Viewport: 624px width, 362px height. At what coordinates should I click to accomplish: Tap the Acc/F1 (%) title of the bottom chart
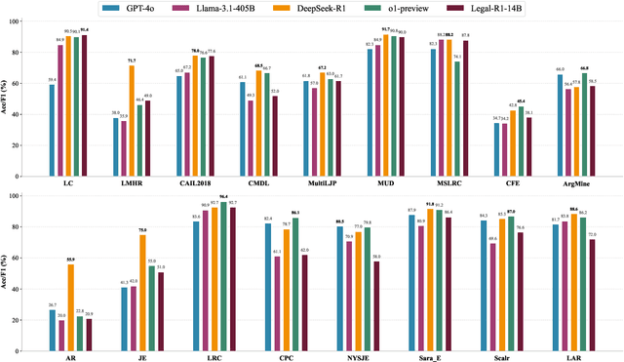8,264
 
